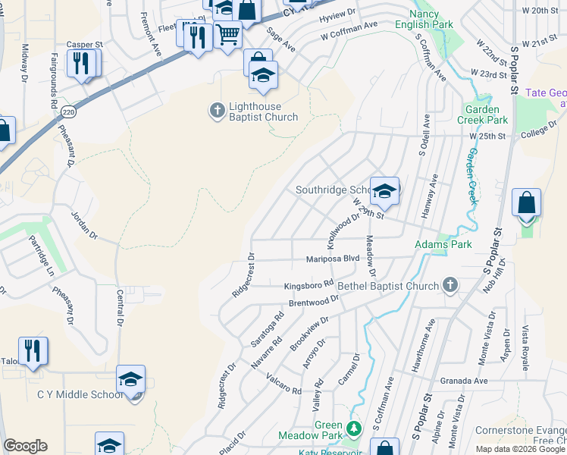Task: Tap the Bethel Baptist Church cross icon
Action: (x=450, y=286)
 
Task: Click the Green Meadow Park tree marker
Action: (x=352, y=429)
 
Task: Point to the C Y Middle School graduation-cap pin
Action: (x=130, y=378)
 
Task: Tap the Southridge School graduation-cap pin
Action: (x=384, y=190)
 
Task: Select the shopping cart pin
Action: (x=227, y=33)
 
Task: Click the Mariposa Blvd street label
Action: (x=332, y=259)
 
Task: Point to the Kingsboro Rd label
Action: (x=309, y=286)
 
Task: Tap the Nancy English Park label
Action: (x=431, y=19)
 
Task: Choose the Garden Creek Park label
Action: (x=482, y=114)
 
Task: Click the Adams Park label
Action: (x=443, y=244)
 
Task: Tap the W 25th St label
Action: (x=487, y=136)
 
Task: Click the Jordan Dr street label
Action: (x=85, y=226)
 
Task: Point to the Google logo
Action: (x=25, y=446)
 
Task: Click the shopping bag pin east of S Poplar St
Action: (x=526, y=204)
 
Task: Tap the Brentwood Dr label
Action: (x=313, y=302)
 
